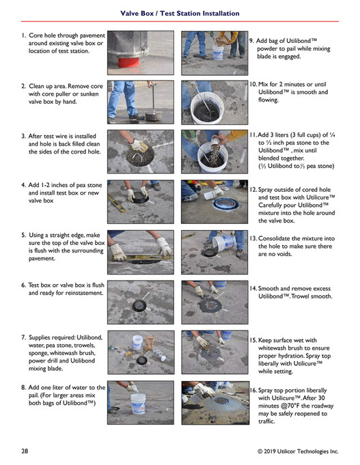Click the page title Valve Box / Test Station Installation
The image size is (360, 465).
[x=180, y=14]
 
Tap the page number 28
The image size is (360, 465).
[x=25, y=451]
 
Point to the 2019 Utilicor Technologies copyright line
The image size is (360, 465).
[x=298, y=451]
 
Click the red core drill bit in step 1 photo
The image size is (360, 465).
[x=128, y=62]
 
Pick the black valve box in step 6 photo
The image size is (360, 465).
[x=139, y=305]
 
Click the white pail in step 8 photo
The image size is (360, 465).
[x=138, y=404]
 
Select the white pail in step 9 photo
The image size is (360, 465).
[x=218, y=53]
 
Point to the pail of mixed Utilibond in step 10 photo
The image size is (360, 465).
[x=207, y=108]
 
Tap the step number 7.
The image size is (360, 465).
[x=23, y=337]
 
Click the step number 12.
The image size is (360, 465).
[x=253, y=190]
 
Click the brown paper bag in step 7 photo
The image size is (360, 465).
[x=150, y=343]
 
